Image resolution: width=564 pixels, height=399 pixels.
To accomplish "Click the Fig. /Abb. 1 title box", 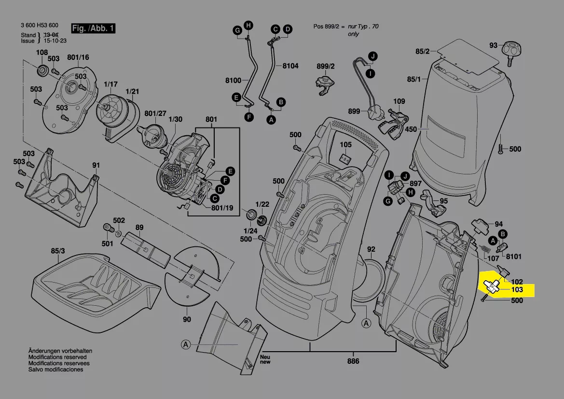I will tap(93, 28).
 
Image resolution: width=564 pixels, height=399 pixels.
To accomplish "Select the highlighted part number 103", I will tap(517, 290).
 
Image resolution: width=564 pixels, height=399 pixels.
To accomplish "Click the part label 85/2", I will tap(422, 50).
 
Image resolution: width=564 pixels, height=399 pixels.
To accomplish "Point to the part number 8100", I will tap(233, 80).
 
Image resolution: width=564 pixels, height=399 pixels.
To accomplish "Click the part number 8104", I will tap(290, 66).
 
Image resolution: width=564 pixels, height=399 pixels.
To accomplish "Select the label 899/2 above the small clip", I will tap(326, 66).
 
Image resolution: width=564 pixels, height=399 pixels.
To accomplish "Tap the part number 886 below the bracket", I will tap(353, 361).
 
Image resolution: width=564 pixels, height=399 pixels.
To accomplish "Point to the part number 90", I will tap(187, 319).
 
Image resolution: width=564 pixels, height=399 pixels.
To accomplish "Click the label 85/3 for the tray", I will tap(58, 251).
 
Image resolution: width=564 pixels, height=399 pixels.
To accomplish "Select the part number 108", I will tap(42, 52).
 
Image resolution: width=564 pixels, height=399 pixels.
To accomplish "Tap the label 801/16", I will tap(78, 57).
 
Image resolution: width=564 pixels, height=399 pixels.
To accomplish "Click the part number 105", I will tap(345, 144).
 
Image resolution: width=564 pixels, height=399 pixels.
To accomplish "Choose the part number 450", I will tap(411, 129).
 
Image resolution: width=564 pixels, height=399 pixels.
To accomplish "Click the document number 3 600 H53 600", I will tap(40, 25).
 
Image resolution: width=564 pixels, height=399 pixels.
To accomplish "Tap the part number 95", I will tap(443, 201).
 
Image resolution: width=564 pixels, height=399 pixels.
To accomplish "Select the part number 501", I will tap(107, 243).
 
